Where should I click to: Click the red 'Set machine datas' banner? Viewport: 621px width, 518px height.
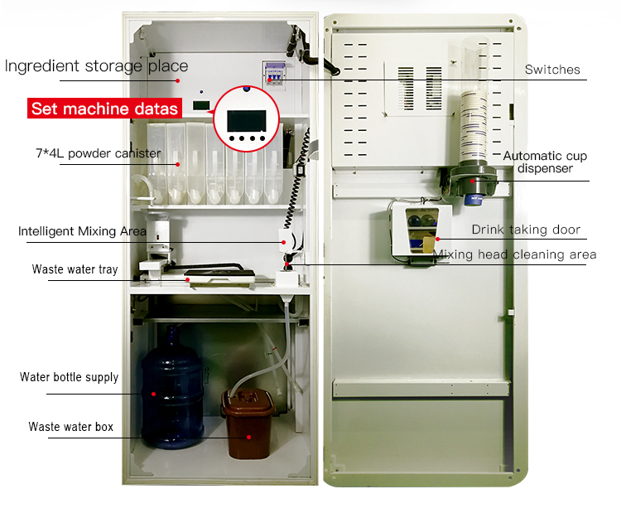(x=104, y=109)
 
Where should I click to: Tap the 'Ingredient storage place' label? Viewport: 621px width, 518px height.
(x=96, y=66)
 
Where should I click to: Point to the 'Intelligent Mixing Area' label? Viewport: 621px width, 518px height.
(x=82, y=231)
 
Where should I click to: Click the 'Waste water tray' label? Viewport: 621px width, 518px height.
(x=75, y=269)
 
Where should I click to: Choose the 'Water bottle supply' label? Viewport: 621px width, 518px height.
(x=70, y=377)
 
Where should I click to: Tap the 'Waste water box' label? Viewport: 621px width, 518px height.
(x=71, y=427)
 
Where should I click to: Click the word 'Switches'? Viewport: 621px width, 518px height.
(x=552, y=70)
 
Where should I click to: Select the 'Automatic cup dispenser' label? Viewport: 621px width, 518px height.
(x=545, y=162)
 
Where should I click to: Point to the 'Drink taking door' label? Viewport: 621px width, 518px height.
(x=526, y=230)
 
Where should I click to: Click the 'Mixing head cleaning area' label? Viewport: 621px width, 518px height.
(x=514, y=254)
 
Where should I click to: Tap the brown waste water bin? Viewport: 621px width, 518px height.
(x=248, y=425)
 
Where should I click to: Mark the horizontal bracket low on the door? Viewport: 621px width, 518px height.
(x=421, y=388)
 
